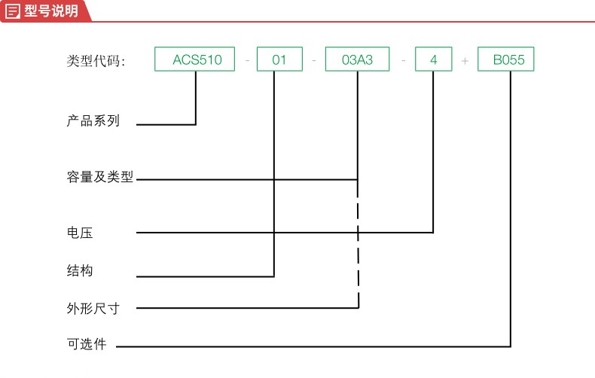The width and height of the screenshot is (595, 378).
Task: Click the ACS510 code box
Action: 194,59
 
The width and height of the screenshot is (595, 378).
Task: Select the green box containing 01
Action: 279,59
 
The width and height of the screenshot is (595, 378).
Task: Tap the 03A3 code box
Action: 358,59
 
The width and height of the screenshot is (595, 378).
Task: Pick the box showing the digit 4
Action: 434,59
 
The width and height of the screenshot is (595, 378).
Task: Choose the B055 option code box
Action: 506,59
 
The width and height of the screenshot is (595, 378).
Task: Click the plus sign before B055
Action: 465,61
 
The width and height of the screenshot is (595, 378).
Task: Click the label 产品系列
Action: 93,120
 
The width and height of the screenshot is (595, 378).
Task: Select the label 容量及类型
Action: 100,176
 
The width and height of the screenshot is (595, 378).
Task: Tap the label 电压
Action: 80,232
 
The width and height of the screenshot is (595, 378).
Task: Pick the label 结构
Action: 80,270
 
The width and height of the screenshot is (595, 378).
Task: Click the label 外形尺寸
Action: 93,308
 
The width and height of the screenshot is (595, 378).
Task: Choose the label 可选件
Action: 87,344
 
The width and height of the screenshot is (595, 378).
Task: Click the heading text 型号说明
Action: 51,11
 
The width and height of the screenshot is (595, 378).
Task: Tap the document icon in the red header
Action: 12,11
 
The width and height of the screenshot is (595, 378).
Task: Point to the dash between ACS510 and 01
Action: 247,60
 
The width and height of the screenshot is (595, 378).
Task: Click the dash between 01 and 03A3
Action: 314,60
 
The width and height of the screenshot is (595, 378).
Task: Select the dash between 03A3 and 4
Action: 404,60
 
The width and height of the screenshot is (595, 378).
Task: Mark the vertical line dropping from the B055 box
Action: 511,209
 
